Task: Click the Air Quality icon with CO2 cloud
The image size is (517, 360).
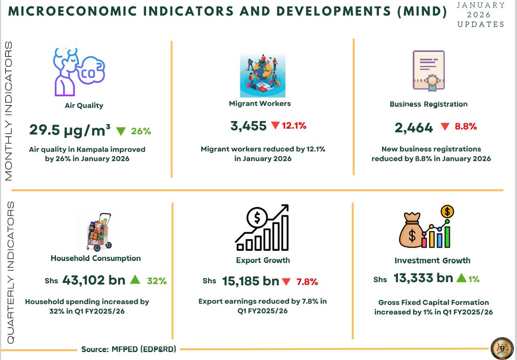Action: pos(78,72)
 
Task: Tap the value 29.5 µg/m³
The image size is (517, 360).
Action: pos(70,130)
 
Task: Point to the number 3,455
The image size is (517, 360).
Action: pos(249,126)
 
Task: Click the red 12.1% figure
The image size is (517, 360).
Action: pos(294,126)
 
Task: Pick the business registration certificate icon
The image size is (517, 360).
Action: pos(428,70)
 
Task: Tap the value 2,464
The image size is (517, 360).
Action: pos(414,128)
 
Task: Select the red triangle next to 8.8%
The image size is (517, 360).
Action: pos(445,127)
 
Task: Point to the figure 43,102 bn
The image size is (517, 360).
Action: pos(94,280)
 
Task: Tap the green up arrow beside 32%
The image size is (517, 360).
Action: pos(135,280)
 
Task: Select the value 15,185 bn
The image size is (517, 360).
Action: pos(251,282)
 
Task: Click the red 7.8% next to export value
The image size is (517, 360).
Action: pos(307,282)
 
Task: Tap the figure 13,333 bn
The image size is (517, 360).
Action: pos(423,279)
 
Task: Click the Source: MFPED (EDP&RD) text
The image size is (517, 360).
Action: pos(129,349)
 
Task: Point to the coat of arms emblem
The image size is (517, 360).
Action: pos(502,347)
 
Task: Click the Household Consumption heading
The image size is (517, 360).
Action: pos(96,258)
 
